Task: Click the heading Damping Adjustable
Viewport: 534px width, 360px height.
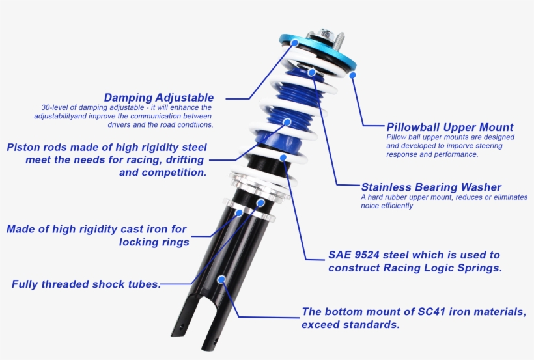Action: tap(159, 98)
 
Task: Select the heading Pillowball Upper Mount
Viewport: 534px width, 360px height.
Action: tap(450, 127)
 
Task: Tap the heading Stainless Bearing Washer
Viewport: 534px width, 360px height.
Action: tap(430, 187)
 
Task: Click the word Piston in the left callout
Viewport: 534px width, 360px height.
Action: tap(25, 147)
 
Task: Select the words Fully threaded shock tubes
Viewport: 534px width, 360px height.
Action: tap(86, 284)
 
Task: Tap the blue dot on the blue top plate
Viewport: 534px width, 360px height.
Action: tap(295, 42)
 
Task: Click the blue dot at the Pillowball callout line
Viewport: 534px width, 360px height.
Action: tap(352, 75)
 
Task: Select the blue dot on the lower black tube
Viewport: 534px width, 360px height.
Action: tap(221, 279)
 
